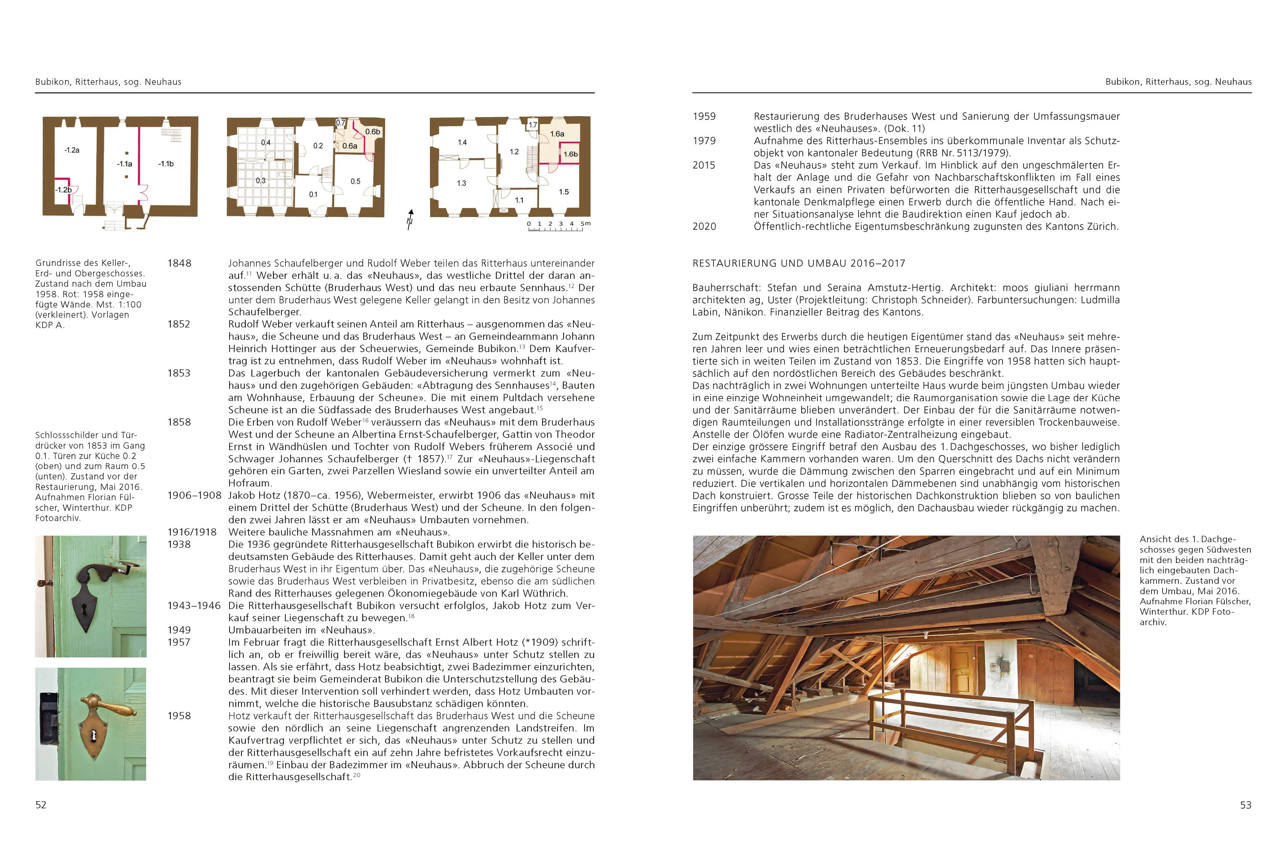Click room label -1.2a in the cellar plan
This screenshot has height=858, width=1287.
pyautogui.click(x=72, y=150)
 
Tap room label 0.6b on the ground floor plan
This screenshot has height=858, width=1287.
pyautogui.click(x=373, y=132)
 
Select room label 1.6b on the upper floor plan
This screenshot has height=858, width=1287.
pyautogui.click(x=570, y=154)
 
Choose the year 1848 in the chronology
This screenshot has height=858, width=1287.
pyautogui.click(x=179, y=263)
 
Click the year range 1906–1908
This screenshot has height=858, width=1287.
pyautogui.click(x=194, y=495)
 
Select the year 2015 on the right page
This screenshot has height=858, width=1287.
pyautogui.click(x=704, y=165)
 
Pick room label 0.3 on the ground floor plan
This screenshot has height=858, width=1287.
pyautogui.click(x=261, y=181)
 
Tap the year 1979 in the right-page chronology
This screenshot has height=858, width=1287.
pyautogui.click(x=704, y=140)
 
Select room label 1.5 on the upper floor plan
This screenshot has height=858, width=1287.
pyautogui.click(x=564, y=192)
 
